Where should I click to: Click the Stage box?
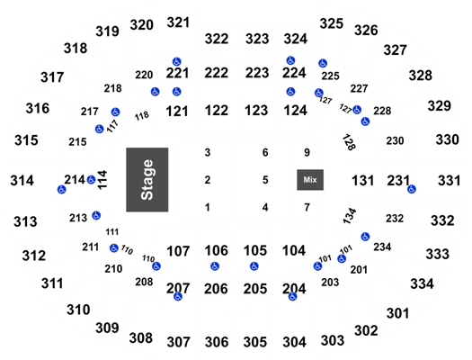(x=147, y=179)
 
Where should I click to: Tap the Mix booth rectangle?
(x=310, y=180)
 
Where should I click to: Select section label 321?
(x=178, y=22)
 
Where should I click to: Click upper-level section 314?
(x=22, y=181)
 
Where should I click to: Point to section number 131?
(x=362, y=181)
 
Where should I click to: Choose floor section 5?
(x=265, y=180)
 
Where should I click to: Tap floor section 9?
(x=307, y=152)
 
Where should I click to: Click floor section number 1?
(x=208, y=207)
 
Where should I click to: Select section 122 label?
(x=217, y=111)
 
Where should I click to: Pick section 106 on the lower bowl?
(x=216, y=250)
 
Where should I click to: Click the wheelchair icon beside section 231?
(x=412, y=189)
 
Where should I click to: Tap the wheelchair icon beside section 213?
(x=96, y=215)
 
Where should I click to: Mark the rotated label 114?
(x=102, y=180)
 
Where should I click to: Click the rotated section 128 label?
(x=349, y=142)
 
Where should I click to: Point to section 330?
(x=448, y=139)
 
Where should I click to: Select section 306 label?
(x=217, y=342)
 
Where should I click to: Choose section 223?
(x=257, y=73)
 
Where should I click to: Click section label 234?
(x=382, y=247)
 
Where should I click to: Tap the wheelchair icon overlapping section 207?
(x=178, y=297)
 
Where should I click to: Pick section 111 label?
(x=112, y=232)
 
